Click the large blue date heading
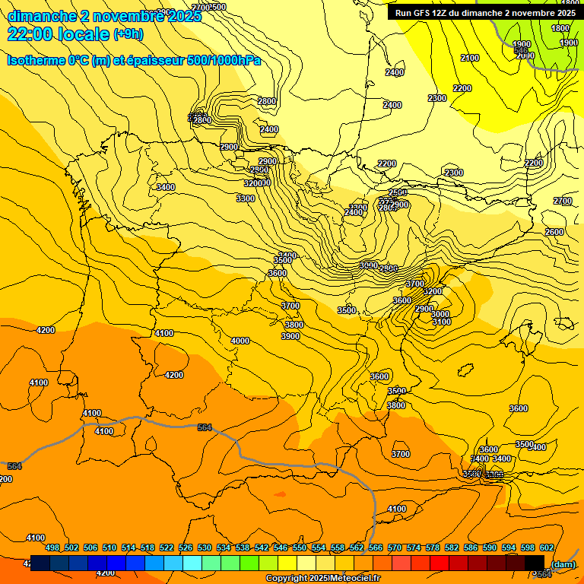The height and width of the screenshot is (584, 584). [x=104, y=15]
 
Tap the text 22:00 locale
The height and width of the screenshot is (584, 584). [x=58, y=33]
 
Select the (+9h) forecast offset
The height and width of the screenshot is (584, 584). [x=127, y=34]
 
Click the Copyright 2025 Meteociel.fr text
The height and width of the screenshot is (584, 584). [x=322, y=579]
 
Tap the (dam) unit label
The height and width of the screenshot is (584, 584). [x=563, y=564]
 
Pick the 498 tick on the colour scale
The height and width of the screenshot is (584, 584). [x=52, y=547]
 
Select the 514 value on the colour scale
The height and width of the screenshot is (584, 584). [x=129, y=547]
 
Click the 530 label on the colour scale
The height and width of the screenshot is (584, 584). [x=205, y=547]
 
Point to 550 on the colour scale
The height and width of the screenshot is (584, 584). [x=300, y=547]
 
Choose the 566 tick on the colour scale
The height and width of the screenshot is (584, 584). [x=376, y=547]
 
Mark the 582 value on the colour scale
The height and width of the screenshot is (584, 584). [x=452, y=547]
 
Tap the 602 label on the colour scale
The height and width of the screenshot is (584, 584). [x=547, y=547]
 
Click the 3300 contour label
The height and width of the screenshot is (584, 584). [x=246, y=198]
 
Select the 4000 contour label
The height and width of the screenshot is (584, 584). [x=240, y=341]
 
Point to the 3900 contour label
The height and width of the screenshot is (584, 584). [x=290, y=336]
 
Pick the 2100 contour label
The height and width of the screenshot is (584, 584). [x=470, y=59]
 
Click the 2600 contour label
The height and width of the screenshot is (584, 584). [x=554, y=232]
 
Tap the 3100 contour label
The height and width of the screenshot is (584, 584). [x=442, y=322]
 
